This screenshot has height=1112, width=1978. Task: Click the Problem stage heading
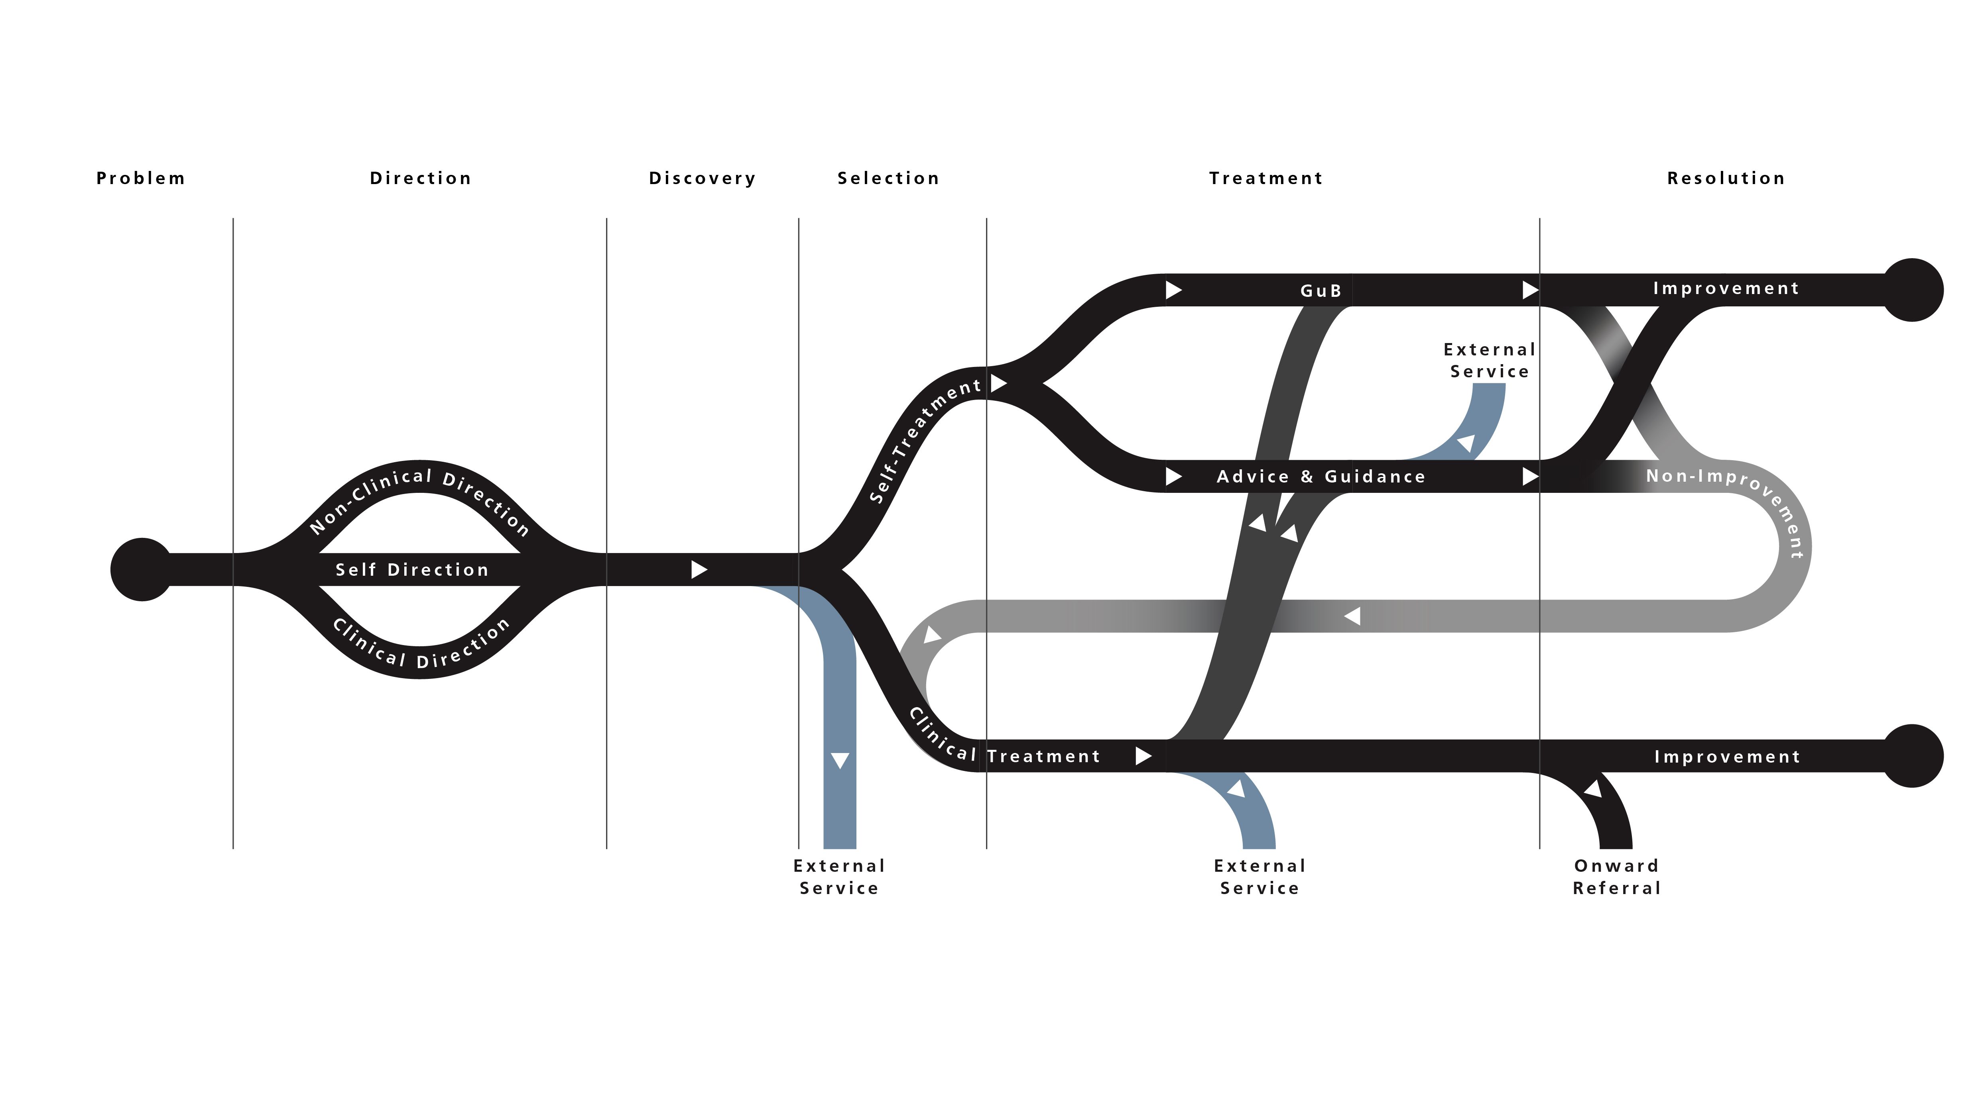click(140, 178)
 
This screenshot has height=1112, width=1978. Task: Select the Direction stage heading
click(420, 178)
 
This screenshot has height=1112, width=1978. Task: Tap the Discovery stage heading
click(702, 178)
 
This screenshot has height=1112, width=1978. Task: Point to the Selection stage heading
click(888, 178)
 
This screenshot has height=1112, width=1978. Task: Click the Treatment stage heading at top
click(1266, 178)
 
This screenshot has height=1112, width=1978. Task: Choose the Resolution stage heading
click(1725, 178)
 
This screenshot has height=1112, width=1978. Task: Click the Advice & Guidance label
click(1321, 477)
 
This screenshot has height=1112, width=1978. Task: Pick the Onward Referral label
click(1616, 877)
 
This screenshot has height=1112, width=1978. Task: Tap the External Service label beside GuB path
click(1490, 360)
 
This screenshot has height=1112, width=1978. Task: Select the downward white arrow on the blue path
click(840, 760)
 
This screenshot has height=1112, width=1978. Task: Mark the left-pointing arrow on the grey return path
click(1353, 616)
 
